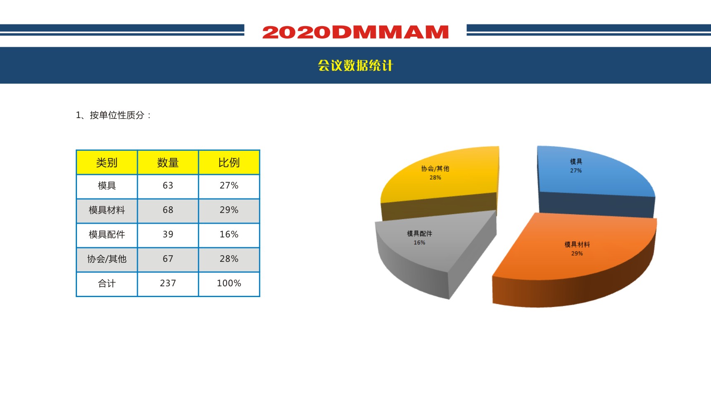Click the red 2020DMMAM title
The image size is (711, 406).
355,32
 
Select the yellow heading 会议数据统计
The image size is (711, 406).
355,65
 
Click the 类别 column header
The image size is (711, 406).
107,162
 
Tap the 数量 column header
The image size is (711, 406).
168,162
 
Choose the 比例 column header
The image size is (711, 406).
229,162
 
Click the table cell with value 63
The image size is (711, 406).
168,186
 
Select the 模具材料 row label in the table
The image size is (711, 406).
107,210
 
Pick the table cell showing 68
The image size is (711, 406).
168,210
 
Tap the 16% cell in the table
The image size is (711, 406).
229,234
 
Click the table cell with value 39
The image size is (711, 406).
168,234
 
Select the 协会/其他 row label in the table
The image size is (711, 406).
107,259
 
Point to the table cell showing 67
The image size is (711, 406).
168,259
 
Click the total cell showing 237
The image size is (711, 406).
168,283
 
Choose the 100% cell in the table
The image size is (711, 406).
229,283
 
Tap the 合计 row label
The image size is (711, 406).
107,283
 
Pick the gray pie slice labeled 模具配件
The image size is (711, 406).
430,249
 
